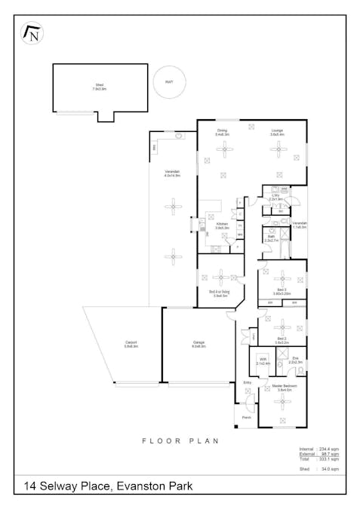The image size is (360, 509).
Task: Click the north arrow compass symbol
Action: coord(32,33)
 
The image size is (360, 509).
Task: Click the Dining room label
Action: coord(223,132)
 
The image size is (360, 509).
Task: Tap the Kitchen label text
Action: coord(222,225)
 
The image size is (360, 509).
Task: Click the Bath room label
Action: coord(271,238)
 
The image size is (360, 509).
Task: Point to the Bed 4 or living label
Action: coord(220,293)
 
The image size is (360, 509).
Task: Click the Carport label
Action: coord(131,344)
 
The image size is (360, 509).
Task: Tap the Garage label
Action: coord(198,344)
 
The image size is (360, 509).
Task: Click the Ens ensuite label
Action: coord(295,360)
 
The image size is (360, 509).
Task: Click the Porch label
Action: coord(246,417)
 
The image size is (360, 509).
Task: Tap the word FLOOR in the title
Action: coord(158,440)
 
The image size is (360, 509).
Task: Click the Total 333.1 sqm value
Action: coord(328,459)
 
